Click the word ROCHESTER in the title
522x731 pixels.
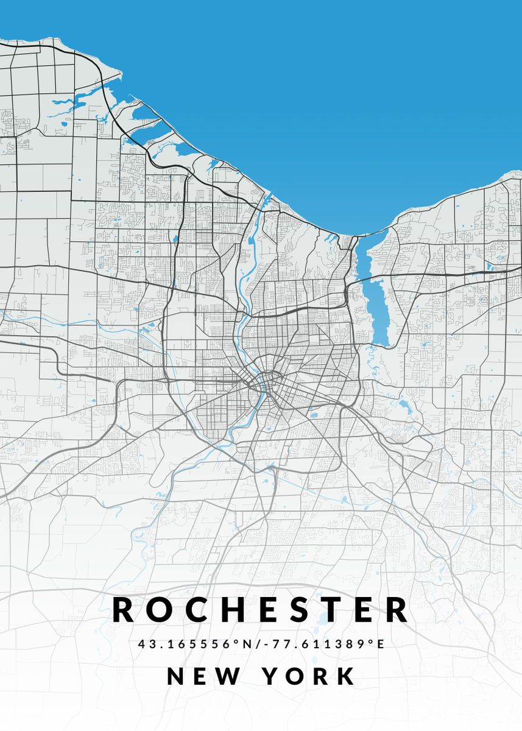click(261, 610)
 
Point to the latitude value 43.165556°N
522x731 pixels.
click(194, 644)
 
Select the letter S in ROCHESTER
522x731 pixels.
click(297, 610)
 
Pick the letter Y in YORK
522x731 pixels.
click(272, 677)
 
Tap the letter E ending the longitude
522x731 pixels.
click(381, 644)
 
